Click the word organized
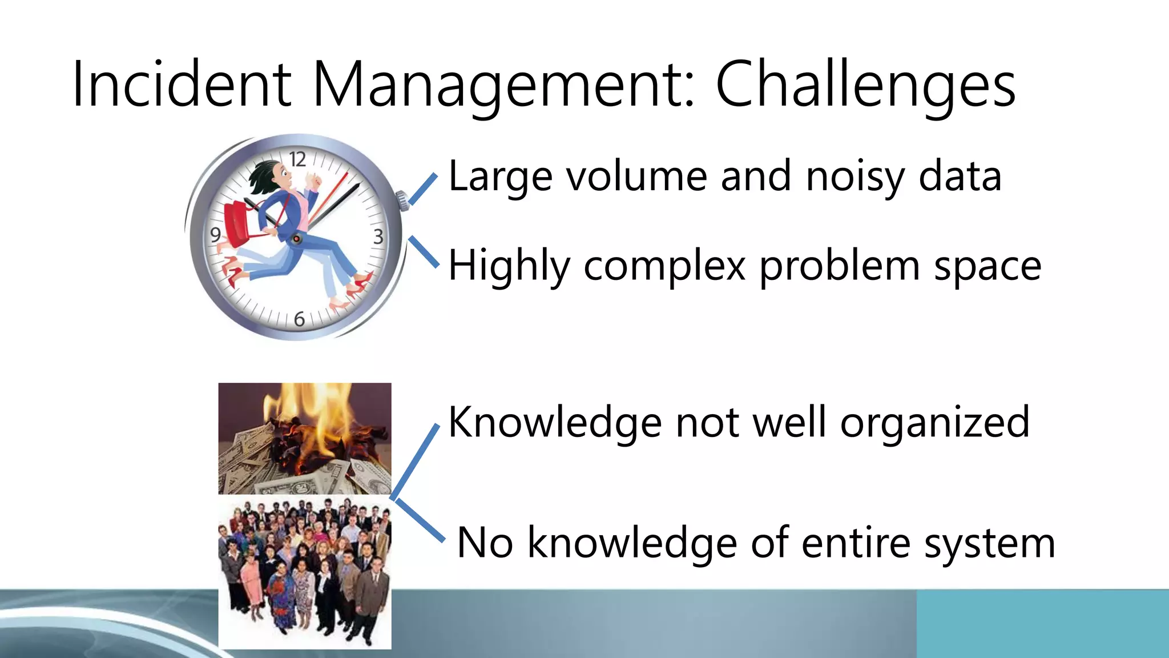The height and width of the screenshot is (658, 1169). pyautogui.click(x=934, y=423)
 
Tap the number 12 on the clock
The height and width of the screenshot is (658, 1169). pyautogui.click(x=297, y=159)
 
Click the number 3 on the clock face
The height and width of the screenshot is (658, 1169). pyautogui.click(x=378, y=236)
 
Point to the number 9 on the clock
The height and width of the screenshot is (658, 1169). pyautogui.click(x=215, y=235)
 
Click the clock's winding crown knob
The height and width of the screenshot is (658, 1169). pyautogui.click(x=403, y=200)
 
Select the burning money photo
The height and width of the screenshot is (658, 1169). pyautogui.click(x=305, y=438)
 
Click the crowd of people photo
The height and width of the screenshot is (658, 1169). pyautogui.click(x=305, y=571)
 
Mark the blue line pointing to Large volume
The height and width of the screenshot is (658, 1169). pyautogui.click(x=423, y=189)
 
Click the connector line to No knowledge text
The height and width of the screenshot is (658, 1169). pyautogui.click(x=420, y=520)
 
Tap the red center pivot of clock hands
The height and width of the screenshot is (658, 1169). pyautogui.click(x=297, y=238)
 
